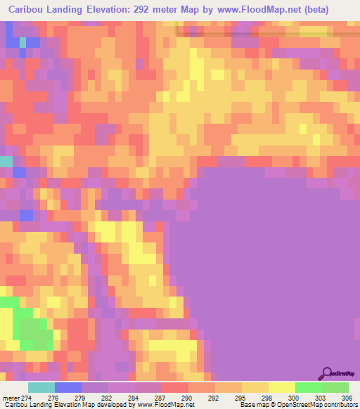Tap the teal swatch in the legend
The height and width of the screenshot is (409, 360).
[41, 387]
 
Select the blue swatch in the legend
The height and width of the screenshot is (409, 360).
[68, 387]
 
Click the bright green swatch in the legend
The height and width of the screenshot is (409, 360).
[309, 387]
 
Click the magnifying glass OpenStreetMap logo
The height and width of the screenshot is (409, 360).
[328, 373]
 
